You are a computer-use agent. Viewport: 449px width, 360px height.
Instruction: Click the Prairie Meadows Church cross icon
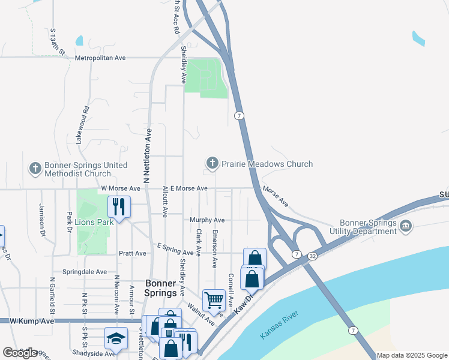click(212, 163)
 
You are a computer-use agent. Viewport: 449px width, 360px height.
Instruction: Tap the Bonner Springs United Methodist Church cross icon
click(35, 169)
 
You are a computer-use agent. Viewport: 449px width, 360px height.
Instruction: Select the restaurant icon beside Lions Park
click(119, 207)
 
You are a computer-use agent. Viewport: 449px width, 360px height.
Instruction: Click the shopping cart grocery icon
click(214, 300)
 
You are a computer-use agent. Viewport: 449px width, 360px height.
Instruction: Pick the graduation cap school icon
click(116, 338)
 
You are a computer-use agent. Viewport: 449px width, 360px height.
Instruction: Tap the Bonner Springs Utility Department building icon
click(406, 226)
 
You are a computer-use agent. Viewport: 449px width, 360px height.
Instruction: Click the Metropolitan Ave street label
click(100, 58)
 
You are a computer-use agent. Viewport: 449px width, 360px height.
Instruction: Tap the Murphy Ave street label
click(207, 220)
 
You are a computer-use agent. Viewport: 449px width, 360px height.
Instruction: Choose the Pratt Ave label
click(132, 253)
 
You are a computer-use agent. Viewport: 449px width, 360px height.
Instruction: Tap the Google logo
click(20, 353)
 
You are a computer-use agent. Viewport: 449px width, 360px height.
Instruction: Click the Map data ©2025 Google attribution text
click(412, 355)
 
